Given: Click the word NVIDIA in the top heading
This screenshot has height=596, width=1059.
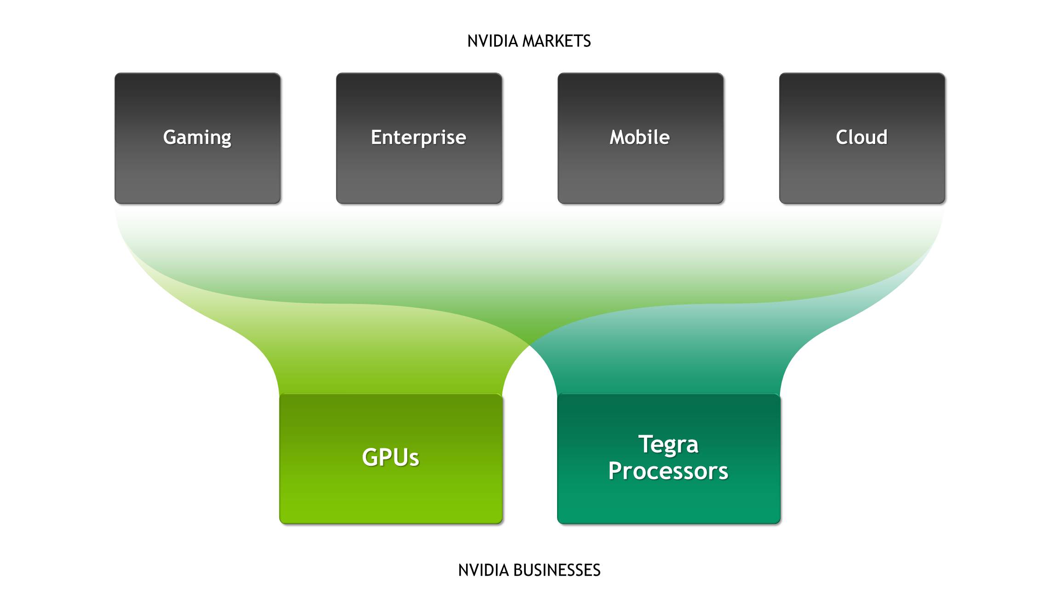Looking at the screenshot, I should (x=492, y=41).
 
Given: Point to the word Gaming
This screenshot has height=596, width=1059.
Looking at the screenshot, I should (x=197, y=138).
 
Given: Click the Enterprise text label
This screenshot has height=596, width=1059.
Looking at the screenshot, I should (x=418, y=137).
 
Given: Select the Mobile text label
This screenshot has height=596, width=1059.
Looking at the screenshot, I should (x=640, y=137).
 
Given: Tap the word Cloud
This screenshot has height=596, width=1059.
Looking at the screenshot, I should (x=861, y=137).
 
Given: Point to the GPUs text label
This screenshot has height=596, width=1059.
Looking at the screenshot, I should (x=391, y=457).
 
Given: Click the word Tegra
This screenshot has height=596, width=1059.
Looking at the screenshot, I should (x=668, y=445).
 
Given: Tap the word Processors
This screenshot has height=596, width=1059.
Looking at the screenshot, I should (x=668, y=471).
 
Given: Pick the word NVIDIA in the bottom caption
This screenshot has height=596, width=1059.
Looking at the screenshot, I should (x=483, y=570).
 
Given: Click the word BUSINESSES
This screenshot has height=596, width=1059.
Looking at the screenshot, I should (x=557, y=570).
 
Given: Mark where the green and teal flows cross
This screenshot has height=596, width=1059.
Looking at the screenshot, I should (x=529, y=344).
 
